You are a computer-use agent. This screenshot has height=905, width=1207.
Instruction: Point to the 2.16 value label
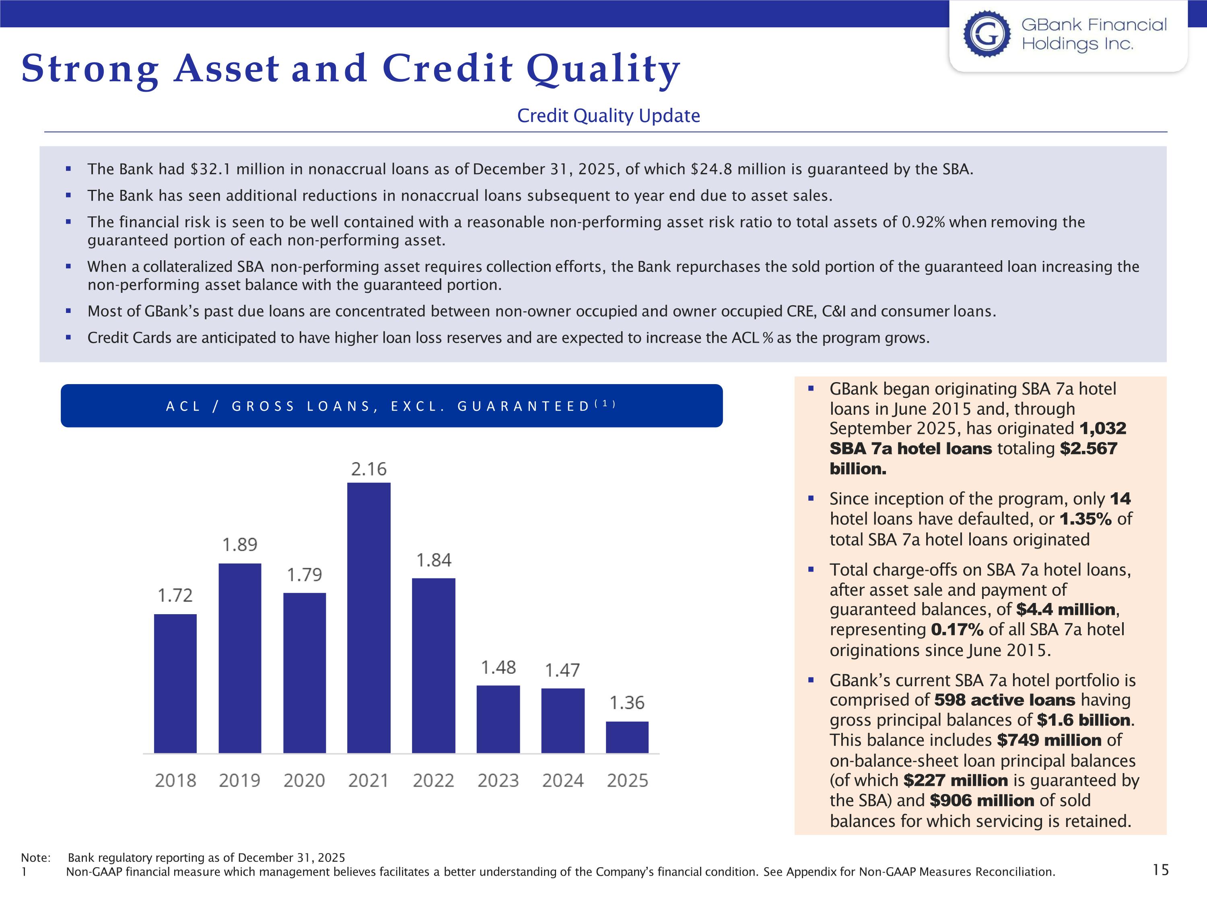point(369,469)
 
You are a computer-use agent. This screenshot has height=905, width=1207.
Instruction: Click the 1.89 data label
point(239,545)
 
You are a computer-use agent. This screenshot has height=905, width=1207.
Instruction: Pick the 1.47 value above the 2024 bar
point(562,670)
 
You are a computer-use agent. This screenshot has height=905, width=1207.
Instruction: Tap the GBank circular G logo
point(987,34)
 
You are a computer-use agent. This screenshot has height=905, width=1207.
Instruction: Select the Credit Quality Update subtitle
point(608,116)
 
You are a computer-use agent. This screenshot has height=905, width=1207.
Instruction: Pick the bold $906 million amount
point(982,800)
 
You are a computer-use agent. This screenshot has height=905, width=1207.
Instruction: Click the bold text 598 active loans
point(1005,700)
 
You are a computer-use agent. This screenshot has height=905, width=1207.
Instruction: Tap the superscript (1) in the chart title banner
point(605,404)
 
